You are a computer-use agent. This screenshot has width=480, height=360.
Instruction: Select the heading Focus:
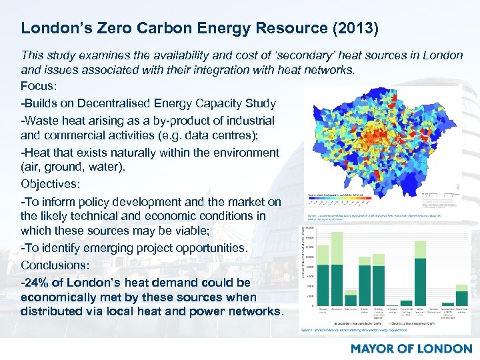(39, 87)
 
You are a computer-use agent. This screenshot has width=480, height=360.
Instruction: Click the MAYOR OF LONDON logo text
(411, 348)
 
